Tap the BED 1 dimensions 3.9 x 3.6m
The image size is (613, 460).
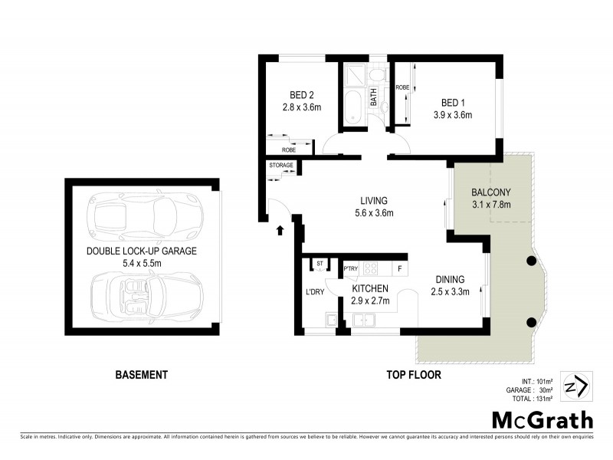[x=451, y=115]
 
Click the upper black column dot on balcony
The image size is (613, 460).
[x=530, y=262]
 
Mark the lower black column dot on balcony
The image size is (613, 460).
[x=530, y=322]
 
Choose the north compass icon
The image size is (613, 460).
[x=575, y=386]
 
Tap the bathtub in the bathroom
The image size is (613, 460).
[x=353, y=107]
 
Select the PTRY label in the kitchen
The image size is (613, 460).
[x=351, y=268]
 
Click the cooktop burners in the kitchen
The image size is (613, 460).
[x=371, y=268]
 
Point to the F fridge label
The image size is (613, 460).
[x=398, y=268]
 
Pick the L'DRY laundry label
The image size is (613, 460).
[x=315, y=293]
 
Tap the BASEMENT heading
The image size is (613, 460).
[x=141, y=375]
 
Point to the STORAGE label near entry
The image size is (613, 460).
[x=280, y=165]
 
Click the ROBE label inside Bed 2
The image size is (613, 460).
[x=289, y=149]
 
